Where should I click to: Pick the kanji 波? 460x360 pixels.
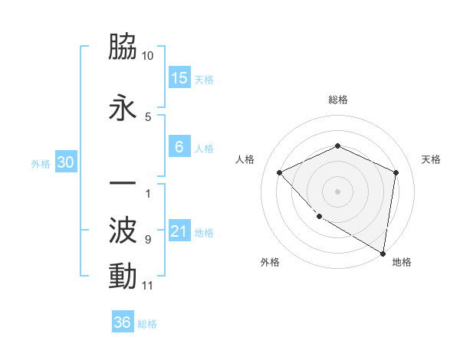(x=123, y=230)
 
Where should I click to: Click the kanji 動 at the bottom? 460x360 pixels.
(x=123, y=277)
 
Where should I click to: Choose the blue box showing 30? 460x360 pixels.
(x=65, y=163)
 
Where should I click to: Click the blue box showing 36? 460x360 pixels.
(x=123, y=322)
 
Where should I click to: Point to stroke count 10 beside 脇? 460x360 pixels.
(x=148, y=57)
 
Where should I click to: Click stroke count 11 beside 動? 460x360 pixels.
(x=148, y=286)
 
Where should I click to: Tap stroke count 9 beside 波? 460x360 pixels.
(x=148, y=240)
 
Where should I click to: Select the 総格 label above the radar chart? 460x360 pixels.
(x=338, y=100)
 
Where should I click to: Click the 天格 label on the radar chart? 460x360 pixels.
(x=431, y=159)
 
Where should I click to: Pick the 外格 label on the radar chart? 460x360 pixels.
(x=270, y=262)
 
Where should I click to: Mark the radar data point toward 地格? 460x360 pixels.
(x=382, y=253)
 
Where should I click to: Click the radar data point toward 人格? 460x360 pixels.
(x=280, y=172)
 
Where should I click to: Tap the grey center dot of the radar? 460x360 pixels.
(x=338, y=191)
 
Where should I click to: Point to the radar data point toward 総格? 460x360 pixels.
(x=338, y=146)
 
